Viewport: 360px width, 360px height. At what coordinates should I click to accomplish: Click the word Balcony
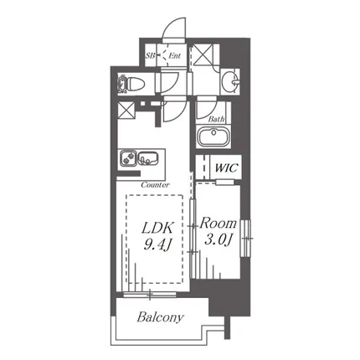[x=161, y=317]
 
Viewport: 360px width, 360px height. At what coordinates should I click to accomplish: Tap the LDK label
[x=158, y=229]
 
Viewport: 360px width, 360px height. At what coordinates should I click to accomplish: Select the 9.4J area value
[x=157, y=245]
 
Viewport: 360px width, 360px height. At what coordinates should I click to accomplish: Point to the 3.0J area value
[x=219, y=239]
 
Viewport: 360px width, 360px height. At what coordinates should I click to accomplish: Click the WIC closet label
[x=226, y=168]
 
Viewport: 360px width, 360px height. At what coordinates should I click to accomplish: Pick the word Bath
[x=216, y=120]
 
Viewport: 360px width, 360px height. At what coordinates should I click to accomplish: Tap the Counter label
[x=155, y=185]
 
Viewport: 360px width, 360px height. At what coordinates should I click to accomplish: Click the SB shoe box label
[x=150, y=55]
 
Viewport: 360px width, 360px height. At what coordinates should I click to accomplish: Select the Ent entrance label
[x=175, y=55]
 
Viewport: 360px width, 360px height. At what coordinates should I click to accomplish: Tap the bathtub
[x=213, y=137]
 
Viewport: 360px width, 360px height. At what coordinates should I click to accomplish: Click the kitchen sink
[x=148, y=158]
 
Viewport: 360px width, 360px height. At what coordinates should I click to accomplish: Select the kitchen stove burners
[x=128, y=157]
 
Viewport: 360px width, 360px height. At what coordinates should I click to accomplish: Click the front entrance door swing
[x=174, y=29]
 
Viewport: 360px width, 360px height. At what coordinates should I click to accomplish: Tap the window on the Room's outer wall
[x=246, y=239]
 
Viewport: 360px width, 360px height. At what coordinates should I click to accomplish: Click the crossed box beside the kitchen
[x=126, y=110]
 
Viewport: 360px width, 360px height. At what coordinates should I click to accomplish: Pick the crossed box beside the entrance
[x=203, y=54]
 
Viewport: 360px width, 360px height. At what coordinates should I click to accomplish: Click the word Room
[x=218, y=223]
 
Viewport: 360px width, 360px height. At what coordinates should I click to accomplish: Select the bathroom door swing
[x=207, y=107]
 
